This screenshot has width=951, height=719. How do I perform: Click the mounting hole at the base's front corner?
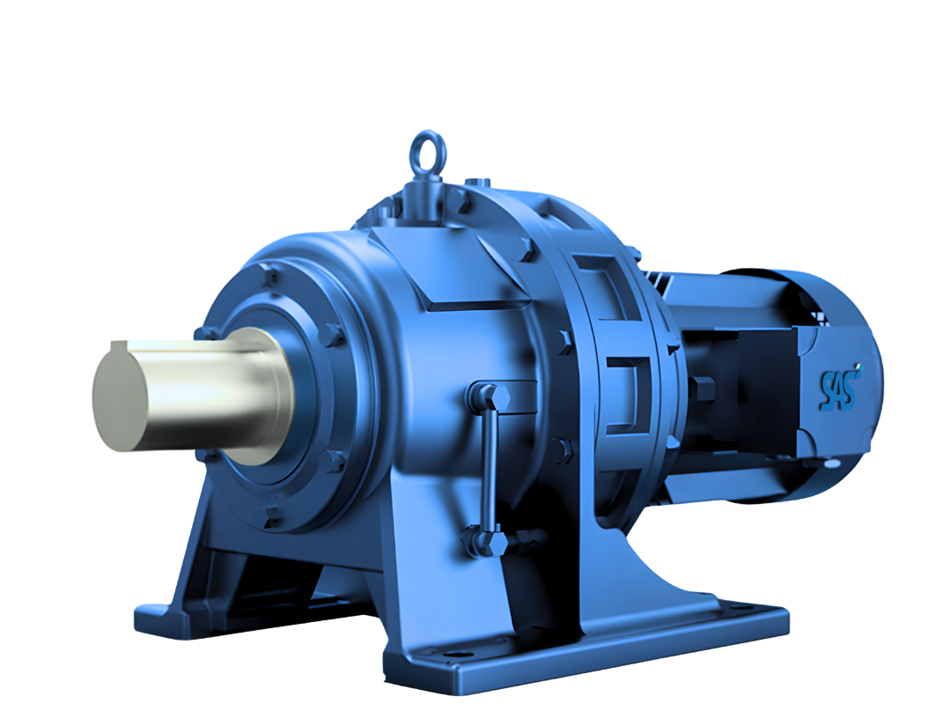[454, 656]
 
